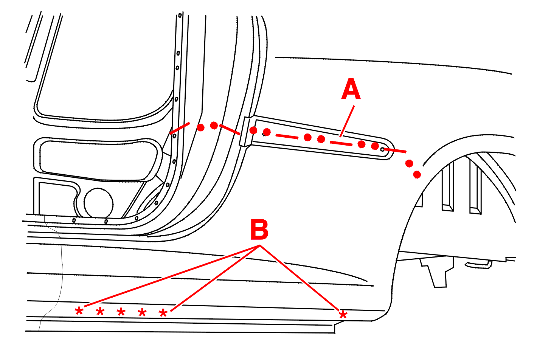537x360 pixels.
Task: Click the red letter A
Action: [351, 90]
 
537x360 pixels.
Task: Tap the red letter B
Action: [259, 230]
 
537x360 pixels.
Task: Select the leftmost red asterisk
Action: [79, 311]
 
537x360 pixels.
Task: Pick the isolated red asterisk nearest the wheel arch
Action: [343, 315]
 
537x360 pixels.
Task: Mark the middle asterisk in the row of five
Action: [121, 312]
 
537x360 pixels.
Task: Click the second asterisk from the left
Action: [100, 312]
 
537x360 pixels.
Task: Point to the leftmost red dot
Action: [201, 127]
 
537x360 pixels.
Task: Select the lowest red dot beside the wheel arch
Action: [417, 174]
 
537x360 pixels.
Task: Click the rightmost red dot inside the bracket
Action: [375, 146]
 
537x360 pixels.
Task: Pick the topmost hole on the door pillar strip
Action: [180, 16]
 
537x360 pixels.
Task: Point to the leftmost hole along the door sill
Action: [74, 220]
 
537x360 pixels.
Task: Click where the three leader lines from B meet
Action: [260, 246]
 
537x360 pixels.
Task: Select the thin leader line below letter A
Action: [347, 121]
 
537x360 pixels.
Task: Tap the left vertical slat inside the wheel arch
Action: [447, 187]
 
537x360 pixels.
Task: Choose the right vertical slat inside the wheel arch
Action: [475, 187]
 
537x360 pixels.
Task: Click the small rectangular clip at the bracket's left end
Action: [245, 131]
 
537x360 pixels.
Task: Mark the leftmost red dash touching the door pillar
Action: [180, 128]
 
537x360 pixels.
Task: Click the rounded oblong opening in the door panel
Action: [98, 159]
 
